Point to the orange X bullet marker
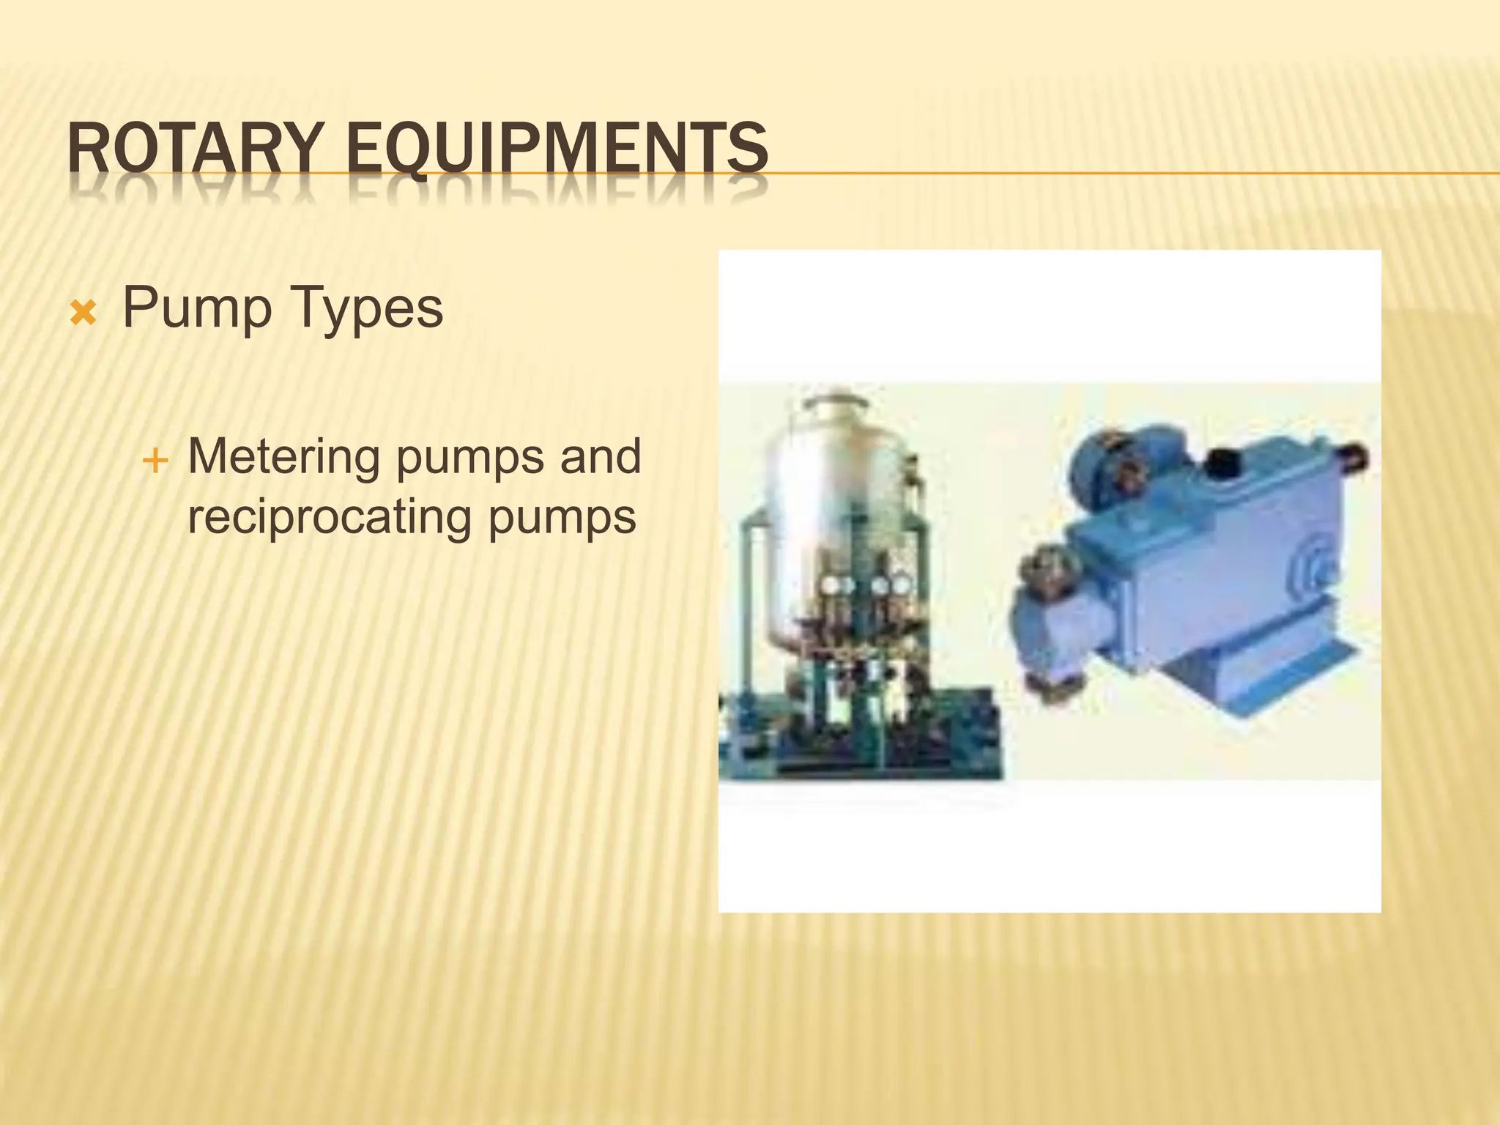(83, 314)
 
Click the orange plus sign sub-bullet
(155, 461)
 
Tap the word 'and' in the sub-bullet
(601, 456)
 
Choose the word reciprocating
(328, 517)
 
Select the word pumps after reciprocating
(562, 519)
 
